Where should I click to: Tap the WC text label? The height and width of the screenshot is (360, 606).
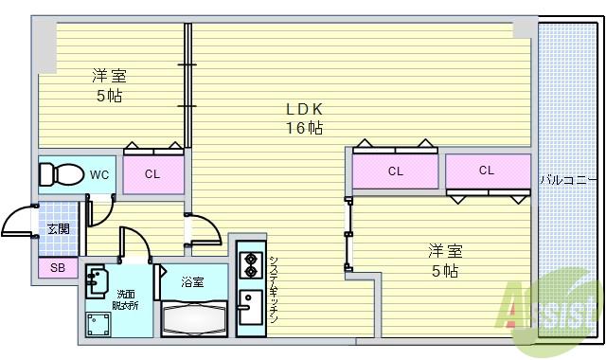pos(100,174)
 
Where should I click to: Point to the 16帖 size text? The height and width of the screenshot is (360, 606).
pos(306,128)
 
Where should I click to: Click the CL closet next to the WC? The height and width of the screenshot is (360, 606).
pos(152,174)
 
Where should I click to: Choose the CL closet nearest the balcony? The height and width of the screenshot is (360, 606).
pos(487,171)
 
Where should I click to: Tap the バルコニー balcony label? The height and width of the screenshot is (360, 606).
pos(568,178)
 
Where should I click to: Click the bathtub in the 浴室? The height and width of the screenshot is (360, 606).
pos(193,315)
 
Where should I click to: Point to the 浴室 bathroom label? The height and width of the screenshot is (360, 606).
pos(193,281)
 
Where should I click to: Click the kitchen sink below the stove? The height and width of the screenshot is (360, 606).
pos(250,309)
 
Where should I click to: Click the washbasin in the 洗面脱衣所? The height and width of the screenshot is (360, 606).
pos(98,280)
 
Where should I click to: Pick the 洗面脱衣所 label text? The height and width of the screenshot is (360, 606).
pos(127,299)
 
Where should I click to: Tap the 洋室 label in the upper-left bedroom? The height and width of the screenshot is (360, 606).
pos(109,76)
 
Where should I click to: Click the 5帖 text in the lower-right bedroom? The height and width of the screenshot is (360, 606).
pos(444,272)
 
